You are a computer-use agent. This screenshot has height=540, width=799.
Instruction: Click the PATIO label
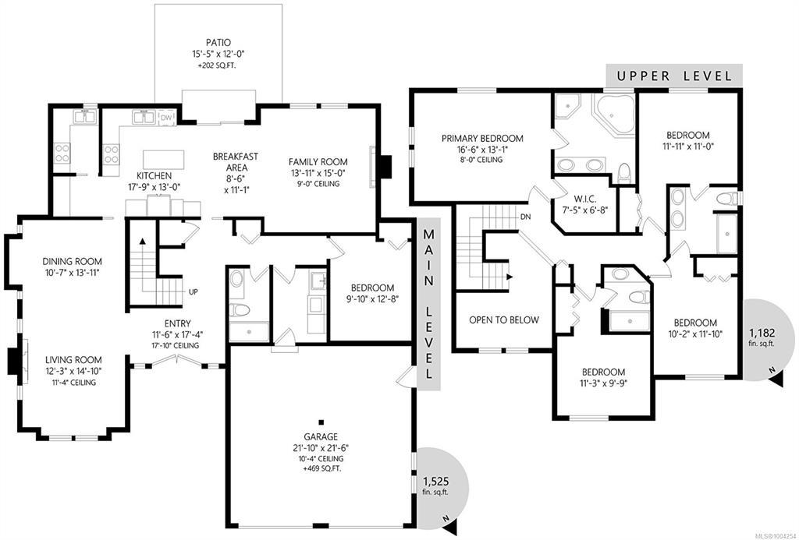[x=218, y=43]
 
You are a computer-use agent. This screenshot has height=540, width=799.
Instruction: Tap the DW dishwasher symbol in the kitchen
[x=167, y=118]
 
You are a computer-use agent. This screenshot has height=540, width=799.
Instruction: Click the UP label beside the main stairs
[x=194, y=292]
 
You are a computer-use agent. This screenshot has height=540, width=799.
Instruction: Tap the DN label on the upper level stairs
[x=525, y=217]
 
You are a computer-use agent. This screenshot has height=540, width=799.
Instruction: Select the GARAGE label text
[x=321, y=436]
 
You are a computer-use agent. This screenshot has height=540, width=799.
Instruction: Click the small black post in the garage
[x=321, y=422]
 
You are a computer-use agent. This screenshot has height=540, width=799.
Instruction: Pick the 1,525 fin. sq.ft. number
[x=435, y=481]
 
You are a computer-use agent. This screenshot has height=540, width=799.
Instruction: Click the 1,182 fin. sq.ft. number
[x=762, y=334]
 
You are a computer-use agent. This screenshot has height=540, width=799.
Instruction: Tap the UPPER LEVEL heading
[x=674, y=76]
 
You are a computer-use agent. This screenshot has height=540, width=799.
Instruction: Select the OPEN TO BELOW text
[x=503, y=319]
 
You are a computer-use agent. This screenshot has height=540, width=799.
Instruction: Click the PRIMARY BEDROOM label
[x=482, y=138]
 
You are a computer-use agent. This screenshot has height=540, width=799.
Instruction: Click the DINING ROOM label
[x=72, y=262]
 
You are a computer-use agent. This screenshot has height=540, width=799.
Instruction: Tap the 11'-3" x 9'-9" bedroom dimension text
[x=603, y=383]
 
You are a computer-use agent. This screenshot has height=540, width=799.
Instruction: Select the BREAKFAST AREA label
[x=235, y=162]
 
